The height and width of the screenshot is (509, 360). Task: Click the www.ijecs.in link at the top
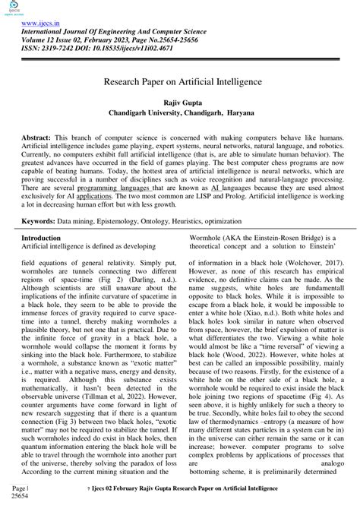click(40, 24)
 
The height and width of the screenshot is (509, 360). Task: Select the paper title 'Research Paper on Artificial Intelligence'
click(179, 79)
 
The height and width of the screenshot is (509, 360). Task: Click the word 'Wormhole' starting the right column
click(205, 239)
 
